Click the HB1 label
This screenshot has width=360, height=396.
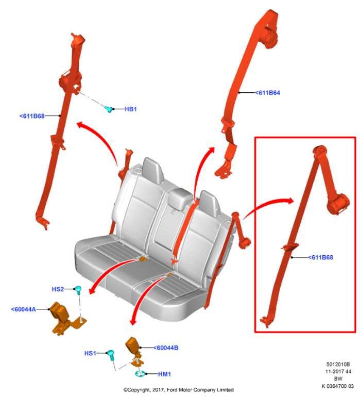coord(131,109)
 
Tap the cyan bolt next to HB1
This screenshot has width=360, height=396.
coord(108,109)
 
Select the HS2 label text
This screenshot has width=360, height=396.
coord(58,289)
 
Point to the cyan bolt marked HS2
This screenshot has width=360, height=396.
coord(79,290)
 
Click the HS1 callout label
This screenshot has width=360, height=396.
coord(90,353)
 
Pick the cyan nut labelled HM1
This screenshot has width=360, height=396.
coord(140,373)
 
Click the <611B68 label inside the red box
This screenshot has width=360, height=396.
coord(320,257)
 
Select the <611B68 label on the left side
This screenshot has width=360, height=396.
coord(32,116)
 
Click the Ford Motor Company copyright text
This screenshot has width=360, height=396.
coord(178,390)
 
